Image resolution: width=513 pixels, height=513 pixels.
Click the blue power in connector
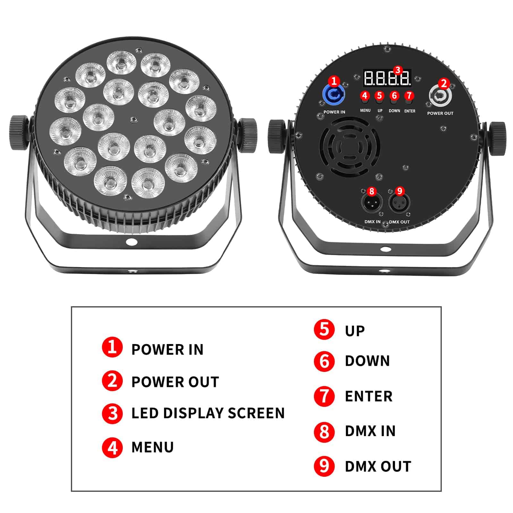[333, 95]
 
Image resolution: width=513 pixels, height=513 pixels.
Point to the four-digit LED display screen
[387, 78]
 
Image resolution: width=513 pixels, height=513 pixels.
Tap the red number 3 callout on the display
[398, 70]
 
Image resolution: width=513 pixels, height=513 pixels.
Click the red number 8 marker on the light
[371, 191]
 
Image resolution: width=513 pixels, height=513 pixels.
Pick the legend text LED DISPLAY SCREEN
[208, 413]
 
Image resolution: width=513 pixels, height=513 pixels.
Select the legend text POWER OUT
[175, 382]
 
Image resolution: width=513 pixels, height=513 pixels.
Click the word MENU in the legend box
[153, 447]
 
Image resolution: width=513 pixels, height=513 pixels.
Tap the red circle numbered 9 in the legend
[324, 466]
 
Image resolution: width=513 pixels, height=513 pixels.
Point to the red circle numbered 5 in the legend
[324, 329]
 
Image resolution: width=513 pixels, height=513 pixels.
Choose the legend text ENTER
[369, 396]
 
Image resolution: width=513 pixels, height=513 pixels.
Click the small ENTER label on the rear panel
[410, 111]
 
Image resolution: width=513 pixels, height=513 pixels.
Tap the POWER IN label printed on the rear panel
[334, 112]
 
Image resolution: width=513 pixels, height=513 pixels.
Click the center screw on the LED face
[133, 119]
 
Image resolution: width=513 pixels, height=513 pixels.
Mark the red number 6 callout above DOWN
[394, 96]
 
